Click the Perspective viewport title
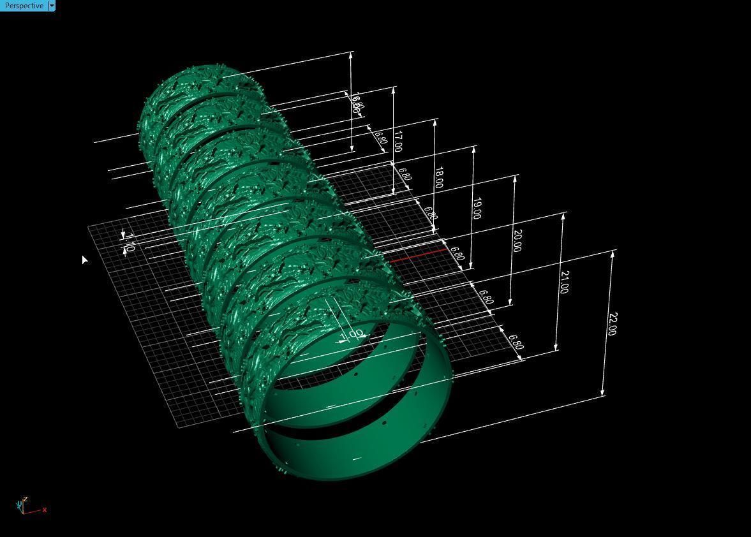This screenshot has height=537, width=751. tap(24, 6)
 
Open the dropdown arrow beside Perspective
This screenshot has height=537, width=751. tap(52, 6)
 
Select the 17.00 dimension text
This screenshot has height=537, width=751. tap(398, 141)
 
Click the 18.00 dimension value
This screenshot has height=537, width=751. tap(438, 177)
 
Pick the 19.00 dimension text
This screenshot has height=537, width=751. tap(477, 209)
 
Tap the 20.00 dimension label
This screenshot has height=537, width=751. tap(517, 240)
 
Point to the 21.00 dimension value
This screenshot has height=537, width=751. tap(563, 282)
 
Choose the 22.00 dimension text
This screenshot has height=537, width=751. tap(612, 324)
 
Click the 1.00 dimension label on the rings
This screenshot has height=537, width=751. tap(352, 334)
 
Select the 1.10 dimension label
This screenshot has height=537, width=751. tap(129, 242)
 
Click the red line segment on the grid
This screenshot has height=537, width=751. tap(418, 256)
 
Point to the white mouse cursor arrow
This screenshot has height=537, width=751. tap(84, 258)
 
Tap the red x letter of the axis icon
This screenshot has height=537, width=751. tap(45, 510)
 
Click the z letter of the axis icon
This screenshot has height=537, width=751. tap(25, 499)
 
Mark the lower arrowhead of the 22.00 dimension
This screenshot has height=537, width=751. tap(603, 393)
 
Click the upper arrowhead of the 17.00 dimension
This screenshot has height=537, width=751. tap(394, 90)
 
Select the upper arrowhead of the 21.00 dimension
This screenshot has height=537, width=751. tap(563, 217)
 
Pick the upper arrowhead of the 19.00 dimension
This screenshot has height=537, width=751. tap(474, 150)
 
